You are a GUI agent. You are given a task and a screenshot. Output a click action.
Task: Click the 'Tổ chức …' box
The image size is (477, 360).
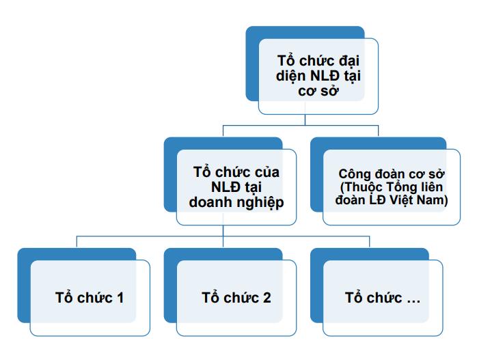click(x=383, y=298)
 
